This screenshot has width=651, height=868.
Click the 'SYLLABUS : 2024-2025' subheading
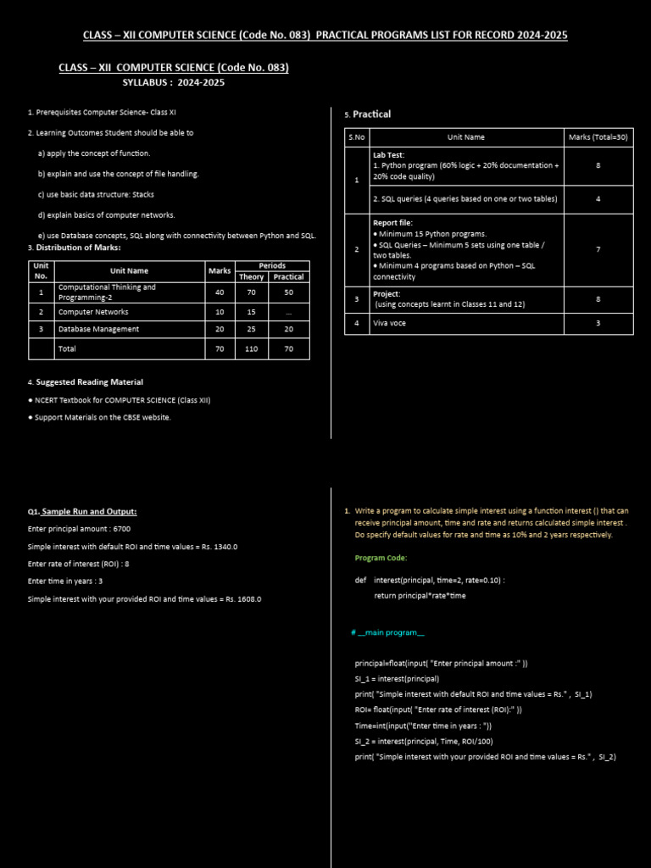173,82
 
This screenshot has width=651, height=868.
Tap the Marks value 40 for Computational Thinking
219,292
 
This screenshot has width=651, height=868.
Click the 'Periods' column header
272,265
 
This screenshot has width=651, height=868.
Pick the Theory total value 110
252,348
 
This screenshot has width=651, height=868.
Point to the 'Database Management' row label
98,329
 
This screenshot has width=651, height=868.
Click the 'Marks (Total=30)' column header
598,136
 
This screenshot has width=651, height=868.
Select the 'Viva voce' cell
390,323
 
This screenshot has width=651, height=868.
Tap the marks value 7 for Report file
598,249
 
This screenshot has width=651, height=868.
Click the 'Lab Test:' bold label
388,155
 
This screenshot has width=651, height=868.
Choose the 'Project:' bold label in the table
387,293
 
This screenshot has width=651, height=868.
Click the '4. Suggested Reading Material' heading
86,382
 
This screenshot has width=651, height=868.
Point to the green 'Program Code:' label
381,558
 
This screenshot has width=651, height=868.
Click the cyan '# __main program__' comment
387,632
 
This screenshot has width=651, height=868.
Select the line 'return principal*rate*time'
420,595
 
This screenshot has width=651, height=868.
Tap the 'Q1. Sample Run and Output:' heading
82,511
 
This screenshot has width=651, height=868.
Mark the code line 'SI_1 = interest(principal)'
397,679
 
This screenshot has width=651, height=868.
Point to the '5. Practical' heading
368,114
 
